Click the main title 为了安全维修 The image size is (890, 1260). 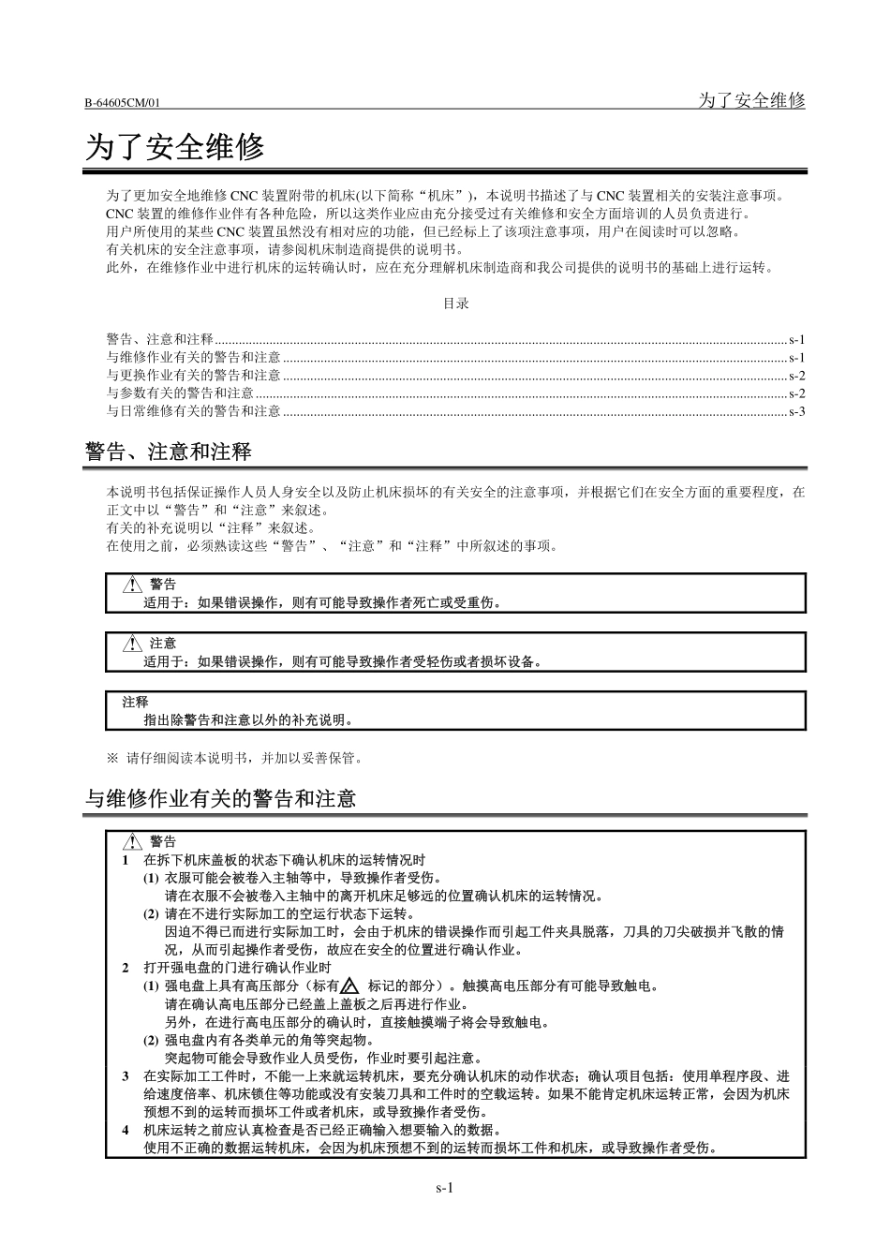click(x=175, y=147)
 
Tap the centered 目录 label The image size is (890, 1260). click(x=455, y=304)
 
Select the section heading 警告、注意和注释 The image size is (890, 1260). click(x=169, y=452)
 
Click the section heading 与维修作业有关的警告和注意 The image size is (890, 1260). click(x=221, y=799)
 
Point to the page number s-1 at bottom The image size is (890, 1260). click(x=445, y=1188)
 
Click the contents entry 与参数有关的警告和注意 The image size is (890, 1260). click(x=180, y=393)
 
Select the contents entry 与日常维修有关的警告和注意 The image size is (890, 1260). click(x=193, y=411)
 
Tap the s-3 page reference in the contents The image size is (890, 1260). click(x=796, y=411)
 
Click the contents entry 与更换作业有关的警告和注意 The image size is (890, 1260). click(x=193, y=376)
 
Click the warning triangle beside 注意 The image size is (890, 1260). click(x=132, y=644)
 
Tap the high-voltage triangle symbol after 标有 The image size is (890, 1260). click(x=350, y=986)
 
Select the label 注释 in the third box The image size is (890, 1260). click(x=135, y=702)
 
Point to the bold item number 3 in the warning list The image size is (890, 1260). click(x=126, y=1076)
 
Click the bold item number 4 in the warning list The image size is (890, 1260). click(x=126, y=1130)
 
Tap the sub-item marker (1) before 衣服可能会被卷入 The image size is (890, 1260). click(x=151, y=879)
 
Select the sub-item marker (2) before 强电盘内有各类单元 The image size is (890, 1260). click(x=151, y=1040)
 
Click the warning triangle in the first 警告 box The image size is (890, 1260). click(x=132, y=585)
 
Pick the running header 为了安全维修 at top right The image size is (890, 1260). click(x=751, y=100)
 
